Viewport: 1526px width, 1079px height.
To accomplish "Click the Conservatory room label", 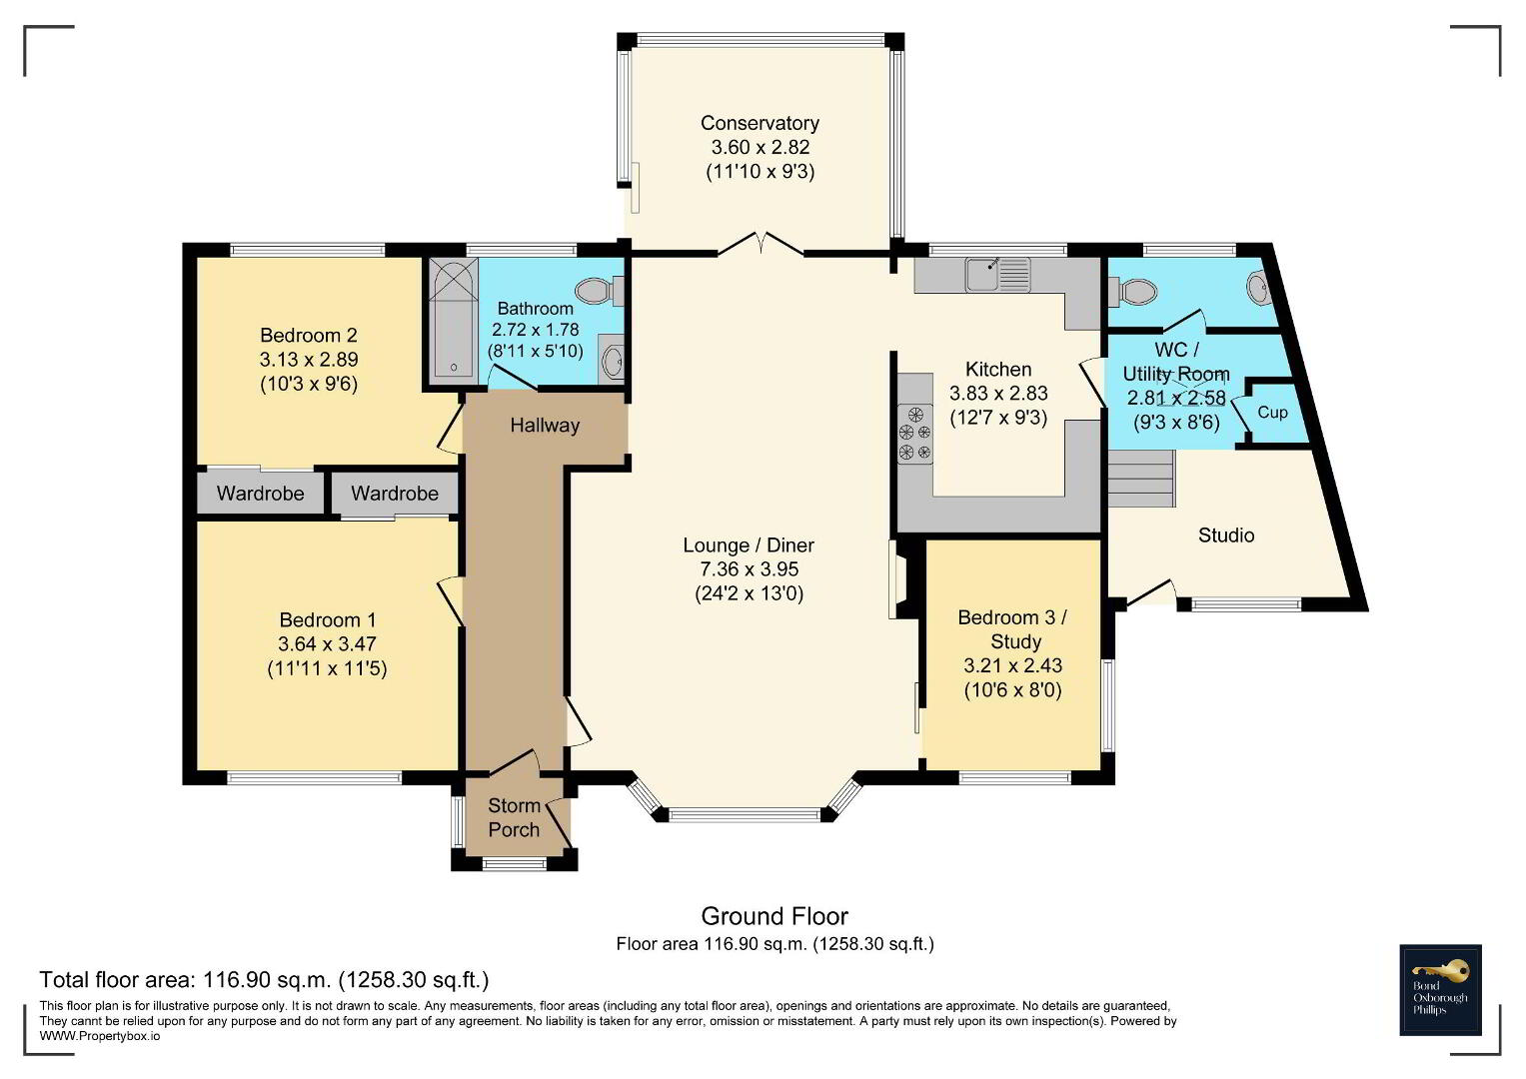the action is tap(760, 123).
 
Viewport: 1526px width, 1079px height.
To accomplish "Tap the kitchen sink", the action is tap(997, 275).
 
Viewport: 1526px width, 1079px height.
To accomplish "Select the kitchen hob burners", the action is tap(915, 434).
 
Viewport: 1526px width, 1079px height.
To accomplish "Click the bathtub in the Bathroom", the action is tap(453, 320).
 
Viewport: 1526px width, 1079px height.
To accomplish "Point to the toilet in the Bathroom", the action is tap(600, 291).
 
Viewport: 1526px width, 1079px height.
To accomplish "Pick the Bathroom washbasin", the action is tap(613, 361).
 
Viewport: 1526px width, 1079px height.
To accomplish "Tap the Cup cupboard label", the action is tap(1272, 412).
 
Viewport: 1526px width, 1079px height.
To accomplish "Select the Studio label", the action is tap(1226, 536).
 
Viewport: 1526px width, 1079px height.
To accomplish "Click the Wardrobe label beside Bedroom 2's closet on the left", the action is tap(260, 494).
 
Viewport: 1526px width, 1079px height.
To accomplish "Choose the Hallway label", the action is tap(545, 426).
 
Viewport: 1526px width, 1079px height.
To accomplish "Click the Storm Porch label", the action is tap(514, 817).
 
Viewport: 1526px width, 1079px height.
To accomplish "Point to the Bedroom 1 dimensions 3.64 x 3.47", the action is tap(327, 643).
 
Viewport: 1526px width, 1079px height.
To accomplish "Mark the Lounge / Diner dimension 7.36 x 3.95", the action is tap(750, 568).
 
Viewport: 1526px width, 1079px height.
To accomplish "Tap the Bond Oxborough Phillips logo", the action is tap(1440, 990).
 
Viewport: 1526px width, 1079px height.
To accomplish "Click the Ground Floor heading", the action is tap(774, 916).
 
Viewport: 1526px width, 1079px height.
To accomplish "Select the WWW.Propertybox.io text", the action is tap(100, 1036).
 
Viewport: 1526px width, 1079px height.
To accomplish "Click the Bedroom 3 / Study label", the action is tap(1012, 629).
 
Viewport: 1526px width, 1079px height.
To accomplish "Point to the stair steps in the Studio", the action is tap(1141, 479).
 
